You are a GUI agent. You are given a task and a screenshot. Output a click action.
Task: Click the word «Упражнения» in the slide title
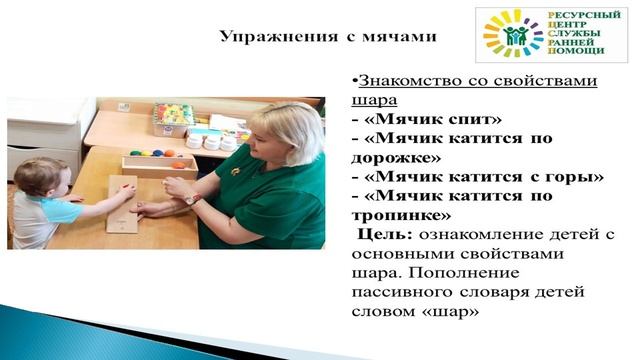click(269, 37)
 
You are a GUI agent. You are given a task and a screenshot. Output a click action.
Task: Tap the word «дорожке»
click(402, 157)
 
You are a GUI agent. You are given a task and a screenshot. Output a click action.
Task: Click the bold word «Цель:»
click(384, 234)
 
